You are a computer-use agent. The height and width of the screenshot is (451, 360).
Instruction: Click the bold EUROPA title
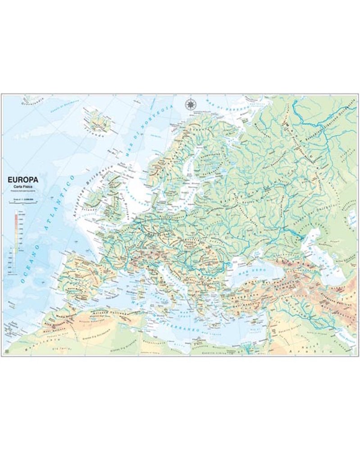(23, 179)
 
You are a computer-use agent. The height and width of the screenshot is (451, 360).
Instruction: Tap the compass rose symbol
(191, 104)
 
